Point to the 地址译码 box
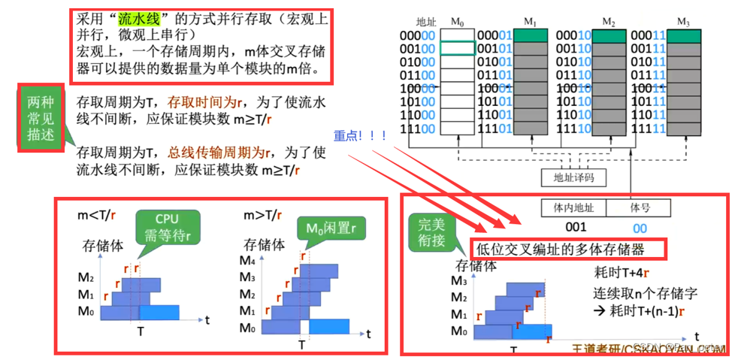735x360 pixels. click(569, 179)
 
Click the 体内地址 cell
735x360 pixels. click(573, 207)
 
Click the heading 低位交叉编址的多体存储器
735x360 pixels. click(569, 248)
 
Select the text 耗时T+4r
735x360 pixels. click(621, 273)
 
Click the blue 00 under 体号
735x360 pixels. click(639, 228)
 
